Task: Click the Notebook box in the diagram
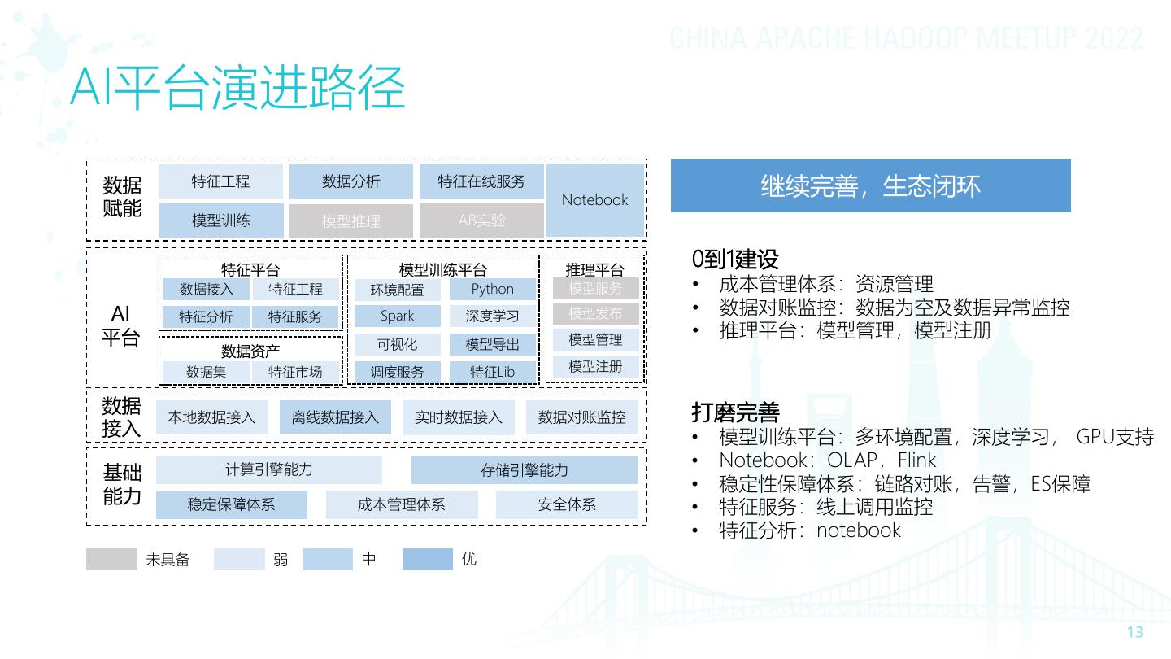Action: tap(595, 200)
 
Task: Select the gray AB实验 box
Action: tap(481, 220)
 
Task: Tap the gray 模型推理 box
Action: tap(351, 220)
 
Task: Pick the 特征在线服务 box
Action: tap(481, 181)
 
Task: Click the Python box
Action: tap(493, 289)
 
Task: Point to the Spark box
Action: tap(397, 316)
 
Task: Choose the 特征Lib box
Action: tap(493, 372)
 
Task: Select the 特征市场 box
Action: tap(295, 372)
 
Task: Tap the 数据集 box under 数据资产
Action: tap(206, 372)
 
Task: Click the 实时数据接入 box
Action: tap(459, 417)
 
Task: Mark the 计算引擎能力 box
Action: tap(269, 470)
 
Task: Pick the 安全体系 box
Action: tap(567, 504)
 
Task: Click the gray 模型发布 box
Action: tap(595, 314)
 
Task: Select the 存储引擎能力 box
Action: tap(525, 470)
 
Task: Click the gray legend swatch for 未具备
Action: tap(111, 560)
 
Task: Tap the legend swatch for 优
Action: tap(427, 560)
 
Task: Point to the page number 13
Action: tap(1134, 632)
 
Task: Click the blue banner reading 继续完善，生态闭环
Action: tap(870, 185)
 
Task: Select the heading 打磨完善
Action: tap(735, 412)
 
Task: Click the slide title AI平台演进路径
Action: tap(237, 89)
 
